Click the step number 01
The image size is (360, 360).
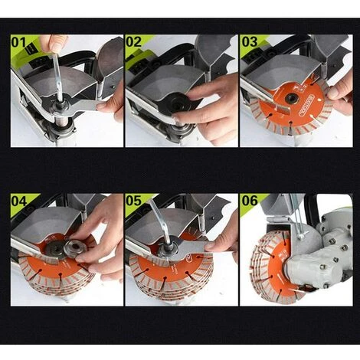pyautogui.click(x=18, y=42)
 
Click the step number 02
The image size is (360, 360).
pyautogui.click(x=133, y=42)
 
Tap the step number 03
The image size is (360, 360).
pyautogui.click(x=250, y=42)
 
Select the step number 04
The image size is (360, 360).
pyautogui.click(x=19, y=201)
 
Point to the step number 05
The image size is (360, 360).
pyautogui.click(x=133, y=201)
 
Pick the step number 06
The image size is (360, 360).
pyautogui.click(x=250, y=201)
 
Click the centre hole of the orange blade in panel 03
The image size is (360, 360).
pyautogui.click(x=291, y=97)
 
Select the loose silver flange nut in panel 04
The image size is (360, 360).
pyautogui.click(x=74, y=248)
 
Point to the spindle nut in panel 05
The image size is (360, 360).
pyautogui.click(x=168, y=250)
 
